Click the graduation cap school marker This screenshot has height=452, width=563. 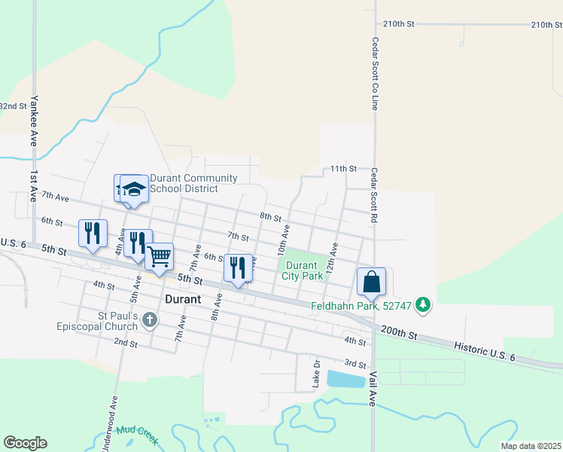pos(134,189)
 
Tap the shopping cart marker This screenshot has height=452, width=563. pos(159,258)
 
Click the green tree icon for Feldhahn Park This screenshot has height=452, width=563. pos(425,304)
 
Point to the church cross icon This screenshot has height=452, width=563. pos(150,321)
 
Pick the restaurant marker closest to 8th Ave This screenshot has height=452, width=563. pos(238,269)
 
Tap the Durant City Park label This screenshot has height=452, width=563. pos(304,270)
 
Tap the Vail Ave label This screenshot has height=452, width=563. pos(372,388)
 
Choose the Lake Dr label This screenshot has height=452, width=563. pos(317,374)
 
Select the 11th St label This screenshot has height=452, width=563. pos(342,169)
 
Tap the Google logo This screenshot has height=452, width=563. pos(25,443)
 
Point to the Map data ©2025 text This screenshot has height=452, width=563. pos(530,446)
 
